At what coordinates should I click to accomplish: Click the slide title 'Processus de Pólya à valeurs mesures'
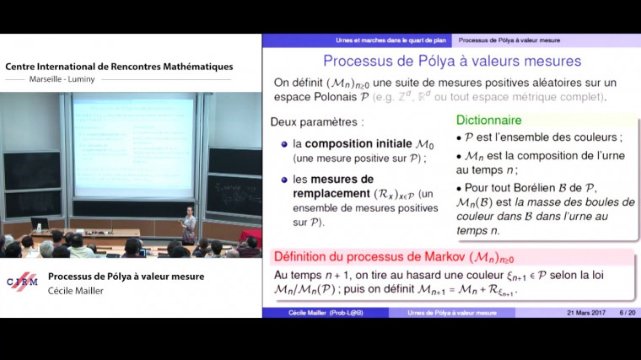[452, 61]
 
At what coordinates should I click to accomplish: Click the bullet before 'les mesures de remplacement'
[285, 180]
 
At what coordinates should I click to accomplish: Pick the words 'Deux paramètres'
[305, 121]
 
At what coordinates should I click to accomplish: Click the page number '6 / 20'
[627, 313]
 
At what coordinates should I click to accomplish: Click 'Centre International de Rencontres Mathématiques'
[119, 67]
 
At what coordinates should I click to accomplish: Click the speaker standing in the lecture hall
[188, 223]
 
